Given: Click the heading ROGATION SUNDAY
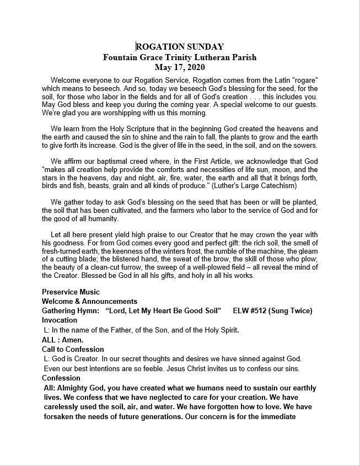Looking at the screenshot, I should [180, 47].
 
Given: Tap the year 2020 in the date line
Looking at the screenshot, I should [195, 68].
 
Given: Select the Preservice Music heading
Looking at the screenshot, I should [71, 292].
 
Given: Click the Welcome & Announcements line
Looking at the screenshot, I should [90, 301].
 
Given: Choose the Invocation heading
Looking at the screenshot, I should [60, 320].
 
